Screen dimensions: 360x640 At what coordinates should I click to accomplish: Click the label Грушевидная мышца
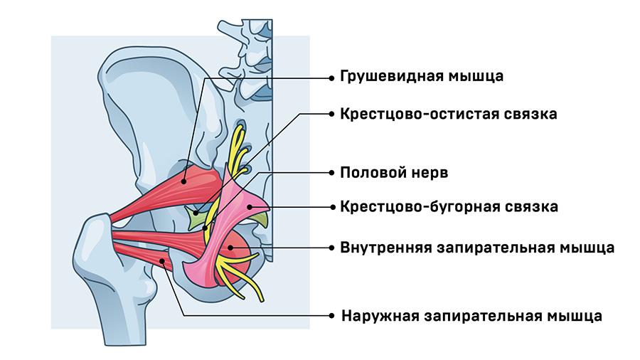[x=422, y=76]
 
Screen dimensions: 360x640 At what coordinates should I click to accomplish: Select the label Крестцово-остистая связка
[x=448, y=113]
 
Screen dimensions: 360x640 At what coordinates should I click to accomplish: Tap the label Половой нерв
[x=394, y=172]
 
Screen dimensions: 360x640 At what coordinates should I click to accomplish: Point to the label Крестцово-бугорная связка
[x=449, y=207]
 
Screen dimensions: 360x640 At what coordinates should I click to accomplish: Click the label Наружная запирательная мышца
[x=471, y=315]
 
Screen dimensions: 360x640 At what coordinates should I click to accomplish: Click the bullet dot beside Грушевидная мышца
[x=331, y=76]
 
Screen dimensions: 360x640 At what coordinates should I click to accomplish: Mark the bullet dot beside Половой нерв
[x=331, y=172]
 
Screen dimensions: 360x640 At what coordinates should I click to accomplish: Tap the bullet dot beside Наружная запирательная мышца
[x=331, y=315]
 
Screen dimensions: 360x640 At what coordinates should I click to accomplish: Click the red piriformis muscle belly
[x=186, y=186]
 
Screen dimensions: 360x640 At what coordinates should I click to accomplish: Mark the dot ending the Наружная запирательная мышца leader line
[x=164, y=262]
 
